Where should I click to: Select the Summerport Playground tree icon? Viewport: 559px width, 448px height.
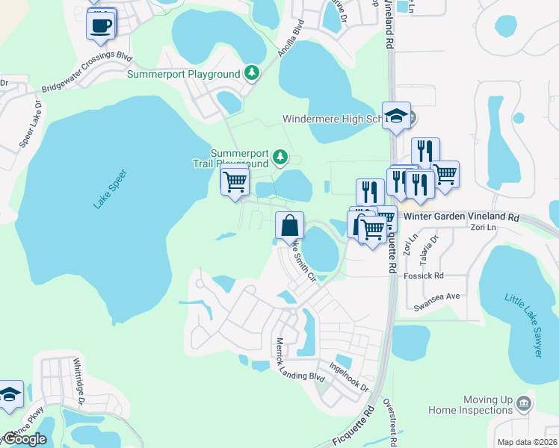click(253, 73)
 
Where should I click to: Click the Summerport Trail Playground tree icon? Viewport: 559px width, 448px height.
click(279, 157)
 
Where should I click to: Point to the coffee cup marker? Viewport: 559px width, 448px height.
click(101, 25)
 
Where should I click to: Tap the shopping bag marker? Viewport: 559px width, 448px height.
click(290, 225)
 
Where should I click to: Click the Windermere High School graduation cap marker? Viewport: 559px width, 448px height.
click(396, 116)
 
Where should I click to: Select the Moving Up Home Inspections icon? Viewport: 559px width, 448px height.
click(523, 404)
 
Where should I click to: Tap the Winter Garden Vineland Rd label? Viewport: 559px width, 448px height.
click(461, 217)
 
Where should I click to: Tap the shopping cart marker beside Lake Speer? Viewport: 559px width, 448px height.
click(235, 181)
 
